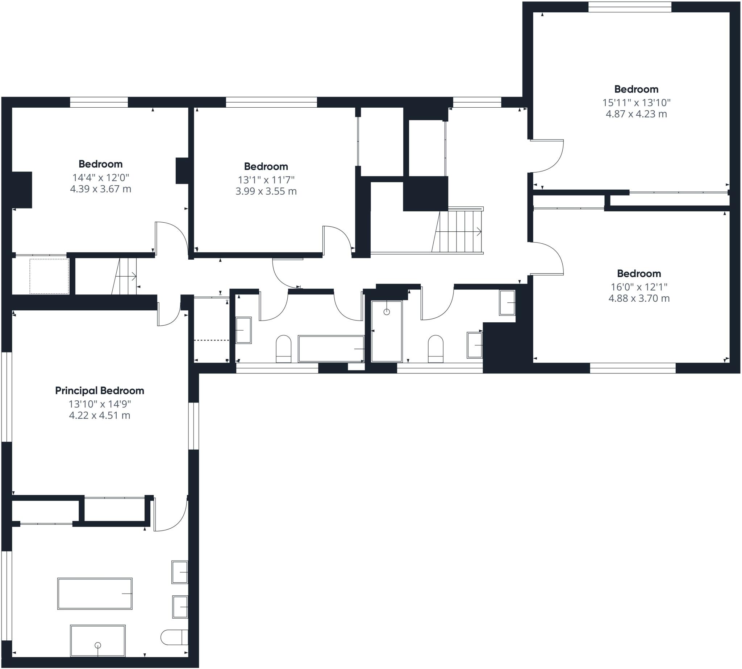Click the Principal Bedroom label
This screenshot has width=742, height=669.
[x=100, y=391]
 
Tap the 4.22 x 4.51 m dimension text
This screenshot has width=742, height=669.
[x=100, y=416]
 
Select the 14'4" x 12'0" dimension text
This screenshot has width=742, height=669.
[x=101, y=178]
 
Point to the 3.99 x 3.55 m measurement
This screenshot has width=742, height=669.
[x=266, y=191]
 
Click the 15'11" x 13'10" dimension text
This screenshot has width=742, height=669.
[x=636, y=103]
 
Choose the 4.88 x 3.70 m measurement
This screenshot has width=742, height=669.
[x=639, y=298]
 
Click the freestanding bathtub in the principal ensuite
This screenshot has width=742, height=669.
[x=95, y=594]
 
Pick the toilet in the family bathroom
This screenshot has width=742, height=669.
[x=284, y=348]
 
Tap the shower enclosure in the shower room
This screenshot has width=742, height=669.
[x=387, y=331]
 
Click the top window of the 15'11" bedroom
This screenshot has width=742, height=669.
[x=630, y=7]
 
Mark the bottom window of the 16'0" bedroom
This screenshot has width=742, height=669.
[x=633, y=368]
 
